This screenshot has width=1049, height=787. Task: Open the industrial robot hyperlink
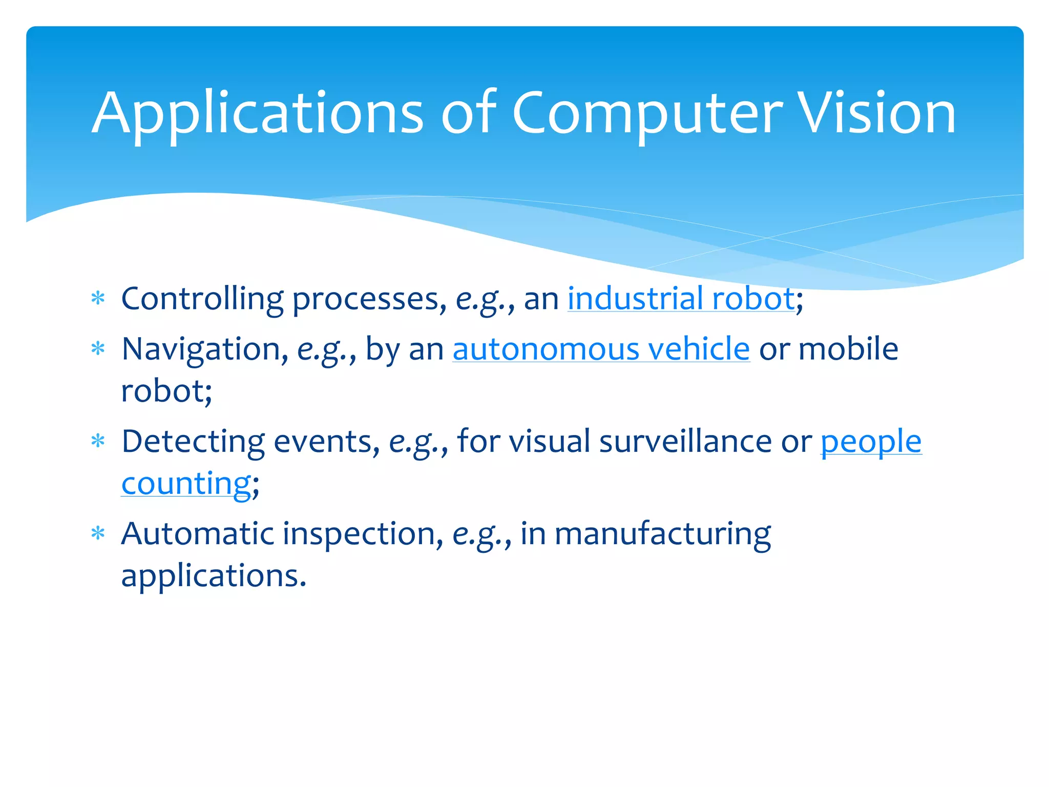pyautogui.click(x=681, y=299)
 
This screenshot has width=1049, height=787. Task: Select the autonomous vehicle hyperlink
pyautogui.click(x=601, y=349)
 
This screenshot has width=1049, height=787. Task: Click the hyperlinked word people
pyautogui.click(x=871, y=442)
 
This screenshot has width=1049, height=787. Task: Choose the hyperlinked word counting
pyautogui.click(x=186, y=484)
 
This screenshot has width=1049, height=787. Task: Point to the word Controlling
pyautogui.click(x=202, y=299)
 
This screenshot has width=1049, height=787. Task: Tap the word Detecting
pyautogui.click(x=193, y=442)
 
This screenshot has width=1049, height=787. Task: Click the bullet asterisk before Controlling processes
pyautogui.click(x=98, y=299)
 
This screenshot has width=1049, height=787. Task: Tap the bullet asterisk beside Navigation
pyautogui.click(x=98, y=349)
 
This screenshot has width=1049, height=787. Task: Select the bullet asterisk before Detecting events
pyautogui.click(x=98, y=441)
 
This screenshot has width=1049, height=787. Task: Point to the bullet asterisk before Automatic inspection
pyautogui.click(x=98, y=534)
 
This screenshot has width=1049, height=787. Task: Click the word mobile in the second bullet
pyautogui.click(x=848, y=349)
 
